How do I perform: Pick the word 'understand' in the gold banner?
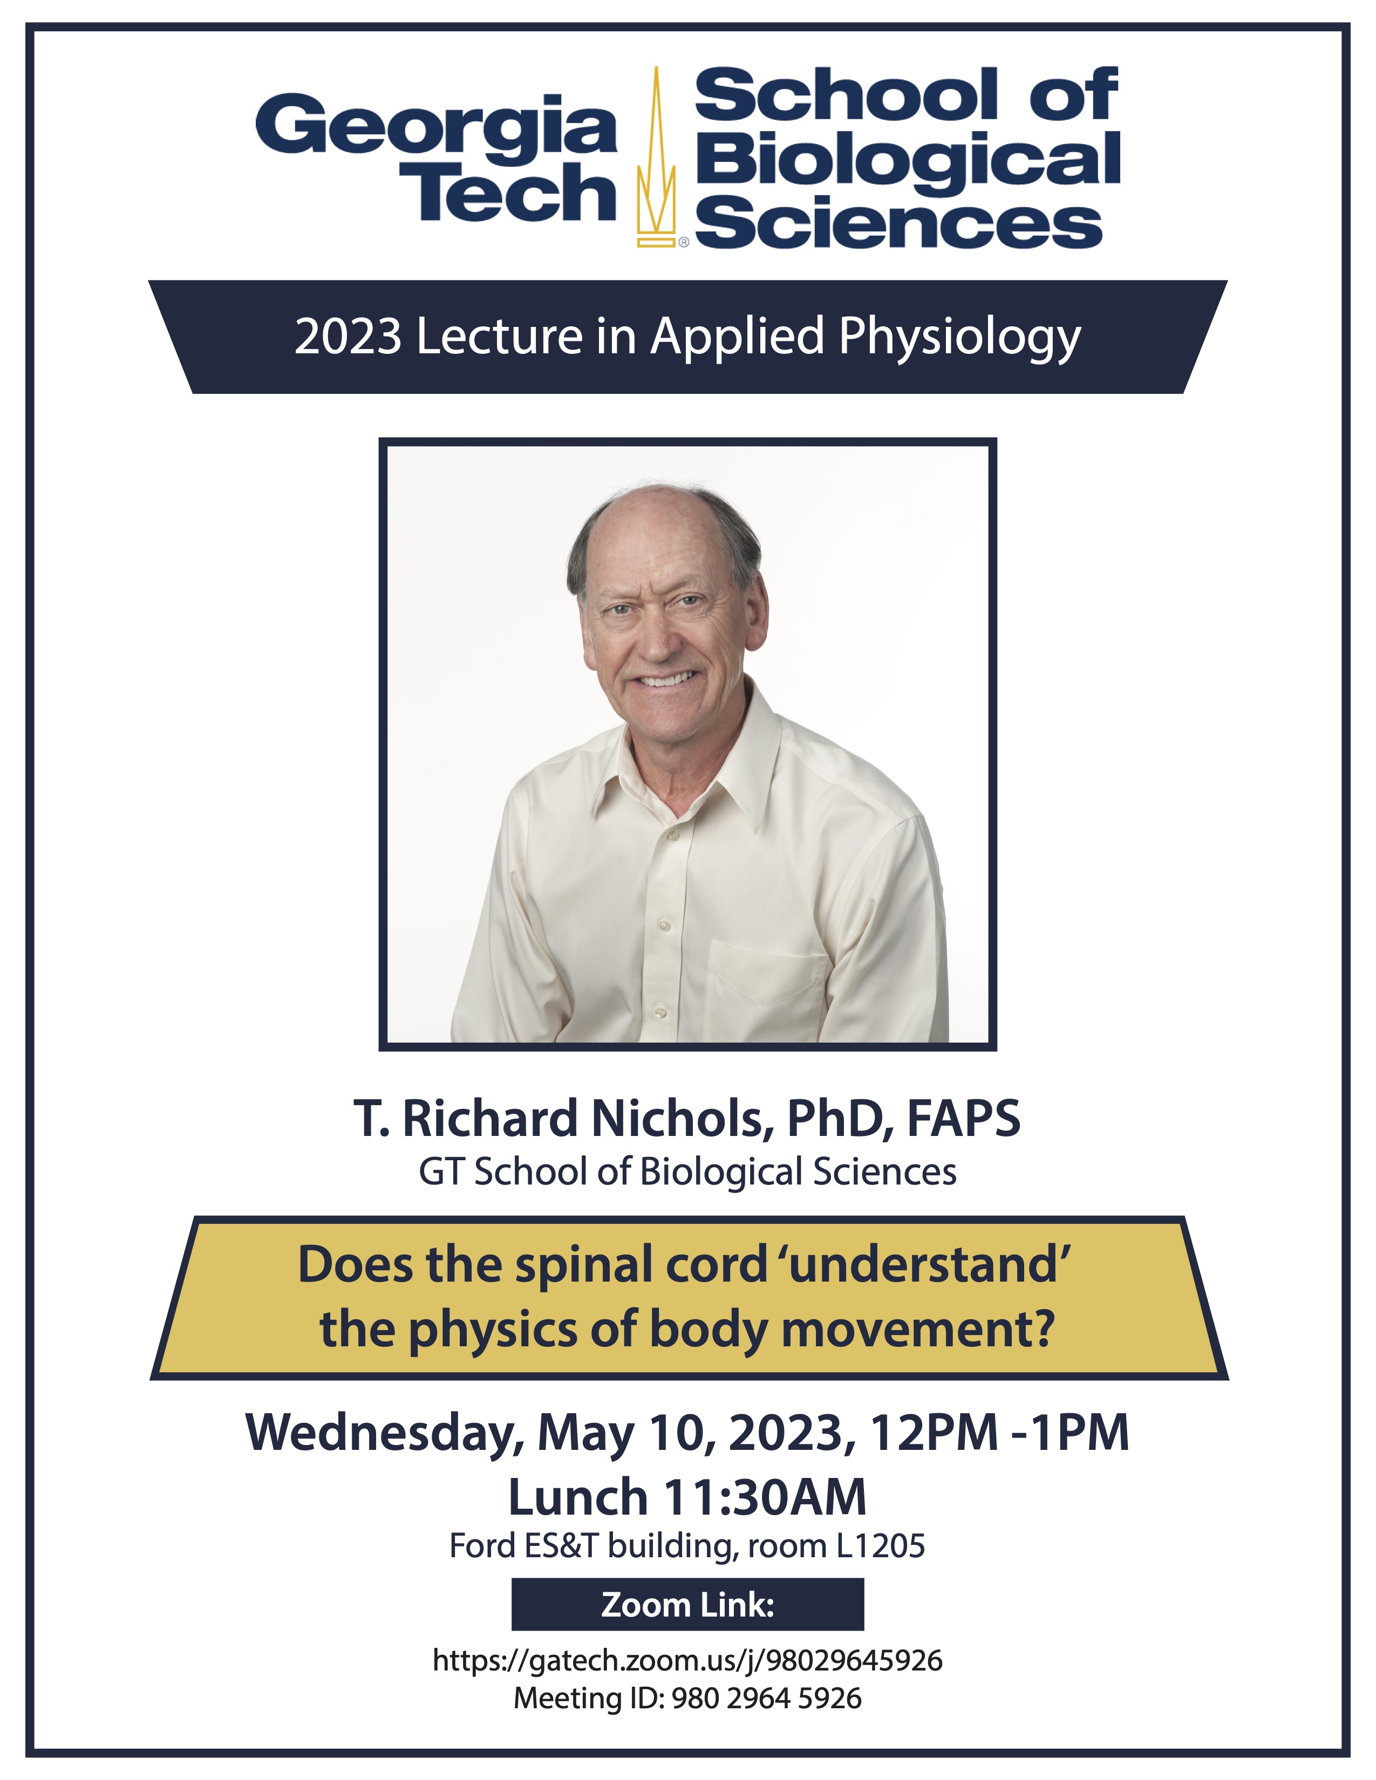pyautogui.click(x=929, y=1265)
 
